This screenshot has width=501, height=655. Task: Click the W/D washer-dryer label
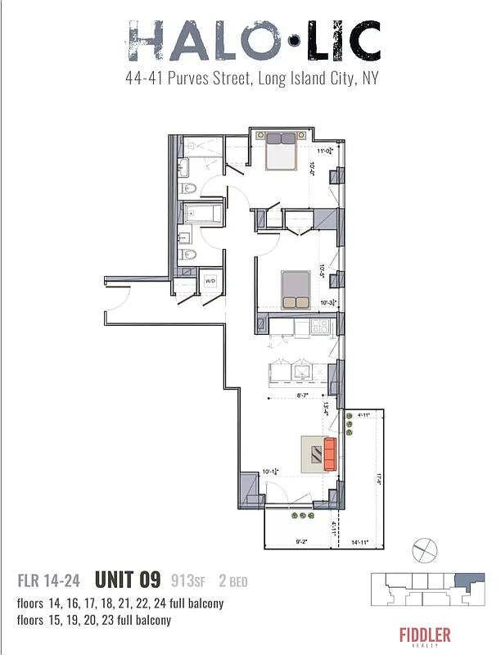[210, 281]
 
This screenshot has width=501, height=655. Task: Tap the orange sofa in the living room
[330, 454]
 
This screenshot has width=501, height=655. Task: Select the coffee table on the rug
[313, 453]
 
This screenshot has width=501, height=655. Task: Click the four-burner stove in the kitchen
[319, 327]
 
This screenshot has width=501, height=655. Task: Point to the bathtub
[201, 215]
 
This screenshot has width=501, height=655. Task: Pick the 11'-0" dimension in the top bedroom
[323, 150]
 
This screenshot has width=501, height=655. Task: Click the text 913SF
[188, 582]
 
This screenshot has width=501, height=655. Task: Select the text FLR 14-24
[49, 582]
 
